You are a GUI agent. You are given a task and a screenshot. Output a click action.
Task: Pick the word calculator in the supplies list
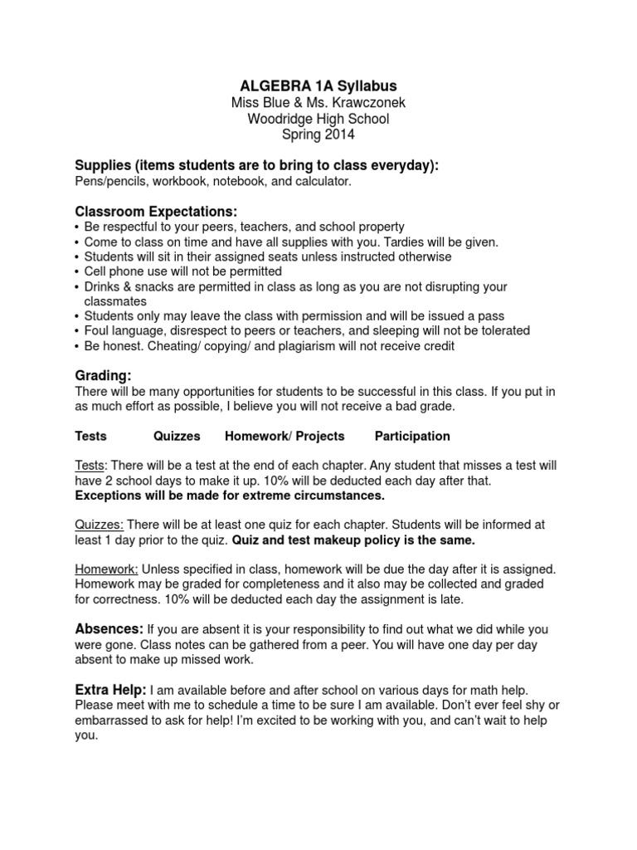coord(324,181)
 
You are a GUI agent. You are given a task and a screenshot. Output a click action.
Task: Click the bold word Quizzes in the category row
coord(177,436)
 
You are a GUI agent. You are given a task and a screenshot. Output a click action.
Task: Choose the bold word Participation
coord(412,436)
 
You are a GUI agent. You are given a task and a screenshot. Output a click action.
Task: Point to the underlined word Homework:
coord(106,569)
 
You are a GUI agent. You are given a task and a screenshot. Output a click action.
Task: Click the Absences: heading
coord(109,629)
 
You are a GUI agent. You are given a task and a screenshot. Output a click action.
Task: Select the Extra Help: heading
coord(111,690)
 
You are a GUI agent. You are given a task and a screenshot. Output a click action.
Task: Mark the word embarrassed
coord(114,721)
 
